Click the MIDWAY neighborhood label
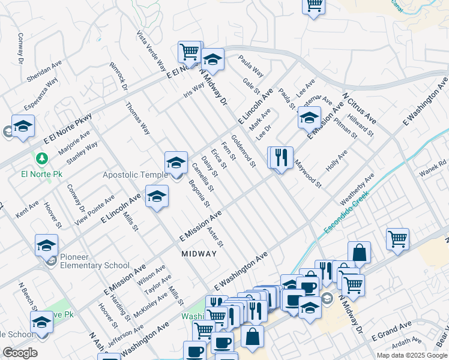coord(199,254)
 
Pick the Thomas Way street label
coord(137,118)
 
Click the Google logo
coord(20,353)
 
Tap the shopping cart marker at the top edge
coord(313,6)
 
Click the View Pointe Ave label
coord(94,209)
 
